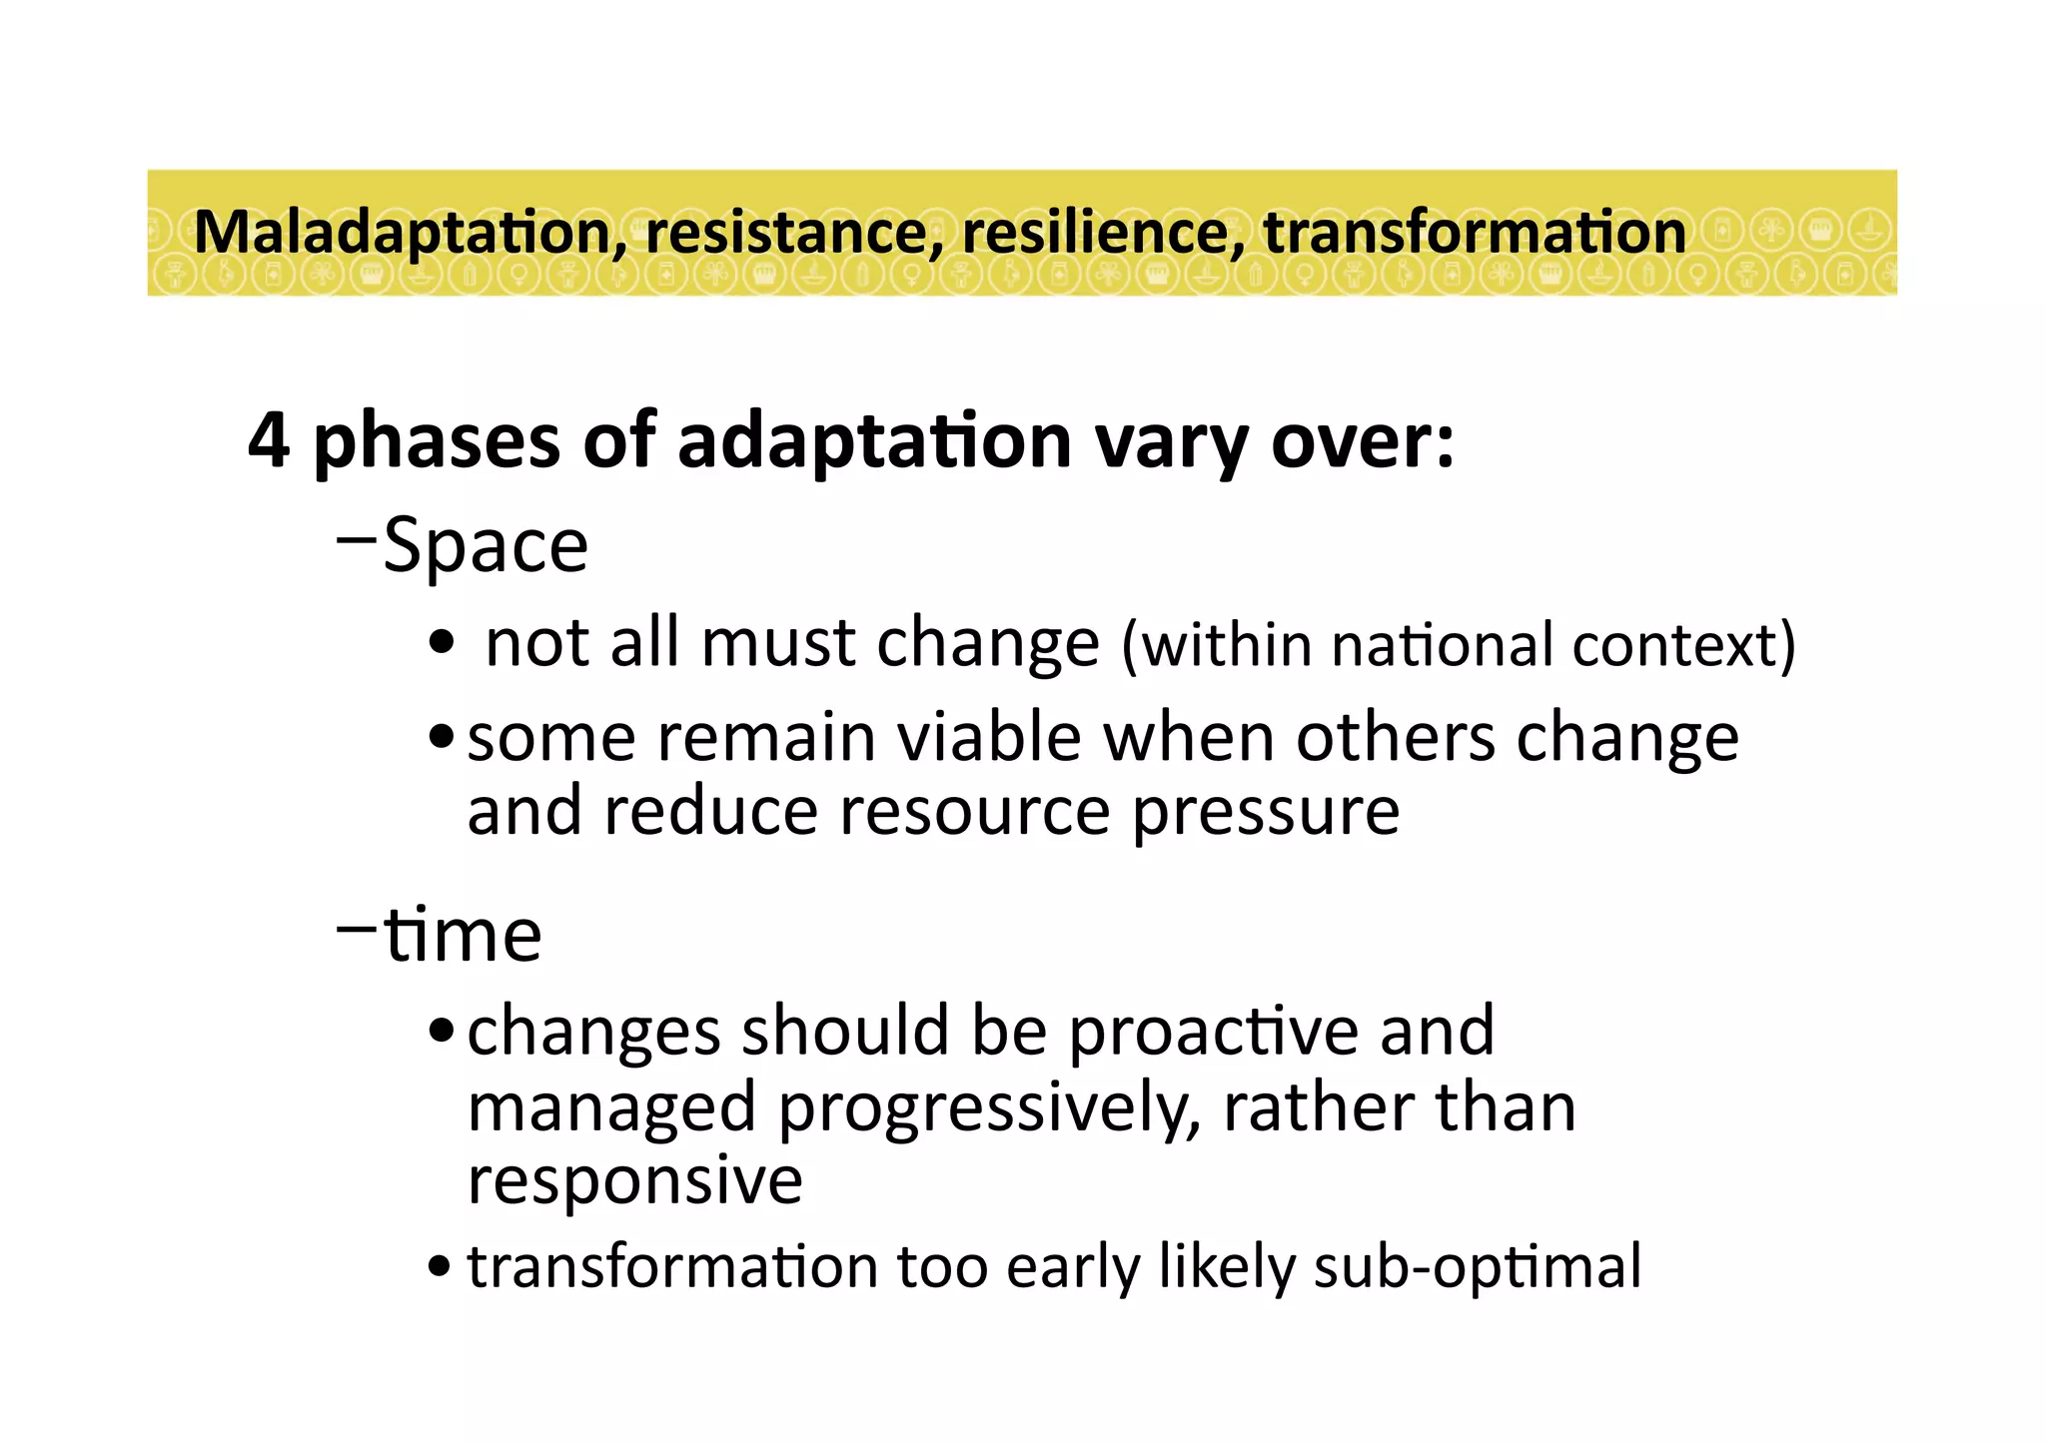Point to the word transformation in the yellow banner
(1475, 233)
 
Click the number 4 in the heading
(269, 440)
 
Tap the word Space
(486, 547)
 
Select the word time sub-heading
(463, 936)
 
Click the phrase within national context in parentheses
(1459, 645)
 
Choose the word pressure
(1266, 811)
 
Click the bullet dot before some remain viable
(441, 739)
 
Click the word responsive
(634, 1180)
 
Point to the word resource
(974, 811)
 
